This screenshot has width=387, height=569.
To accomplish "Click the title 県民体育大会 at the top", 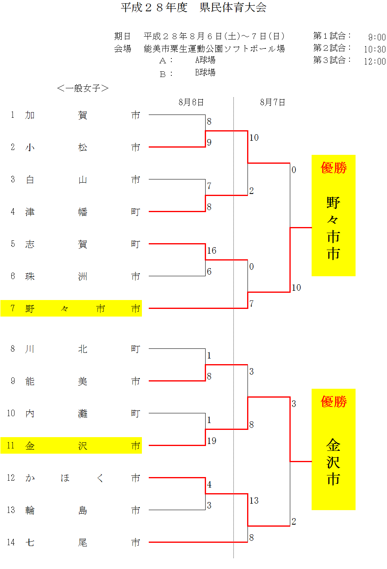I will (233, 8).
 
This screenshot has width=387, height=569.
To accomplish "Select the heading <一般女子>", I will (83, 88).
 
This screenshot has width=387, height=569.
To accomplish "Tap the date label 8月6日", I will (191, 102).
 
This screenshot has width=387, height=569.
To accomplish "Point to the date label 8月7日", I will (273, 102).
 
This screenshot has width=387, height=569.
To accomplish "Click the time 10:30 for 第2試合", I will (375, 49).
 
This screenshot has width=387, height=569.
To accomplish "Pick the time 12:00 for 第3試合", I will (375, 61).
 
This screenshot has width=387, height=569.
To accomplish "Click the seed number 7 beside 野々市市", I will (12, 308).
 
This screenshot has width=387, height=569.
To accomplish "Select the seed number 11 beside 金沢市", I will (11, 446).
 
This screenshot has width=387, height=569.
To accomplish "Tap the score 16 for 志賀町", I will (212, 250).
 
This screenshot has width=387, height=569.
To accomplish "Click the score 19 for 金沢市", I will (212, 441).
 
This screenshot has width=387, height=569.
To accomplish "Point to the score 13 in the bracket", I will (254, 500).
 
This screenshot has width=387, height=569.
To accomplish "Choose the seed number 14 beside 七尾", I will (11, 542).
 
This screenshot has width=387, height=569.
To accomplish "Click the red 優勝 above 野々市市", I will (333, 167).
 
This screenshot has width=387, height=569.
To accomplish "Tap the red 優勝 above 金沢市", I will (333, 401).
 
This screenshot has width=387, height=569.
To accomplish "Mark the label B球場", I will (205, 72).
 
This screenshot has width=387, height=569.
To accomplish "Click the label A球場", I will (205, 60).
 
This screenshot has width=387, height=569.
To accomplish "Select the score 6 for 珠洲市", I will (209, 271).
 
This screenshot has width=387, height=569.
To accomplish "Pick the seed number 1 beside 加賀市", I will (12, 115).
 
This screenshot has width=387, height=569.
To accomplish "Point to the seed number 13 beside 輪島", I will (11, 510).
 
